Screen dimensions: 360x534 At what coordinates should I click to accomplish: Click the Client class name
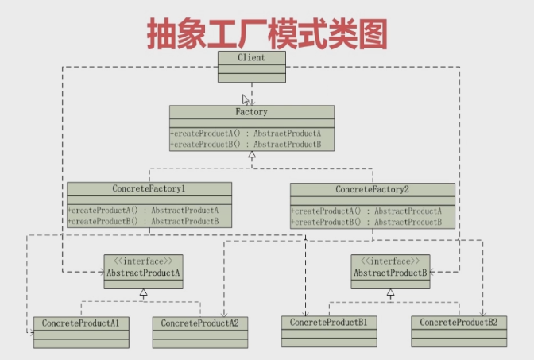pos(251,57)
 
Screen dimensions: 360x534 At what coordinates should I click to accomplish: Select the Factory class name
pos(251,112)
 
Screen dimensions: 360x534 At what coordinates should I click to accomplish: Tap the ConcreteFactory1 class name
pos(149,188)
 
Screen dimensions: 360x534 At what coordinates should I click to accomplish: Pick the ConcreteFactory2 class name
pos(373,189)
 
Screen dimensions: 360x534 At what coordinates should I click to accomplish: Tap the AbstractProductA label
pos(144,273)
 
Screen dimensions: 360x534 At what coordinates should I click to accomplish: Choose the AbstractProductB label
pos(390,273)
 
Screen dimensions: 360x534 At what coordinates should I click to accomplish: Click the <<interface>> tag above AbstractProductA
pos(144,261)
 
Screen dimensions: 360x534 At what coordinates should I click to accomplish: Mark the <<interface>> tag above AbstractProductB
pos(390,261)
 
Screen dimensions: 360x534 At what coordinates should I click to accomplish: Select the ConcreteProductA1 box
pos(81,331)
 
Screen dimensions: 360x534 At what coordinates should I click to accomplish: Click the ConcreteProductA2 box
pos(200,331)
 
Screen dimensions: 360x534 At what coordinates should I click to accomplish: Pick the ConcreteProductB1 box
pos(329,331)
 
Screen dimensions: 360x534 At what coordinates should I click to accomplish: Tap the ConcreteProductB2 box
pos(459,331)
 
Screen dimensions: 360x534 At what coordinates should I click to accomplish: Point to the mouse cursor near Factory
pos(246,99)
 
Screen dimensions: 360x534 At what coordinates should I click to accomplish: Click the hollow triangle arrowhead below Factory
pos(252,156)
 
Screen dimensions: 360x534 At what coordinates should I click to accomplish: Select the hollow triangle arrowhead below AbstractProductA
pos(144,293)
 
